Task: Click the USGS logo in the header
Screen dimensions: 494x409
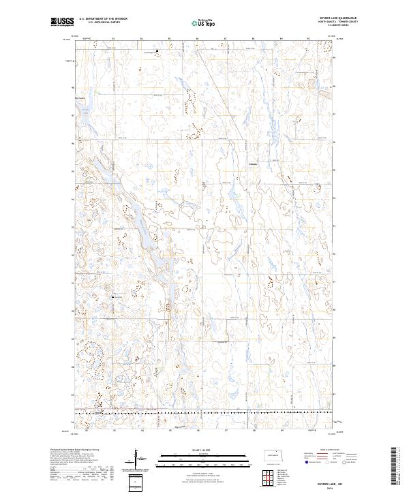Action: [61, 22]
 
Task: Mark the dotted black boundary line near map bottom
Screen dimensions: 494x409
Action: [204, 413]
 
